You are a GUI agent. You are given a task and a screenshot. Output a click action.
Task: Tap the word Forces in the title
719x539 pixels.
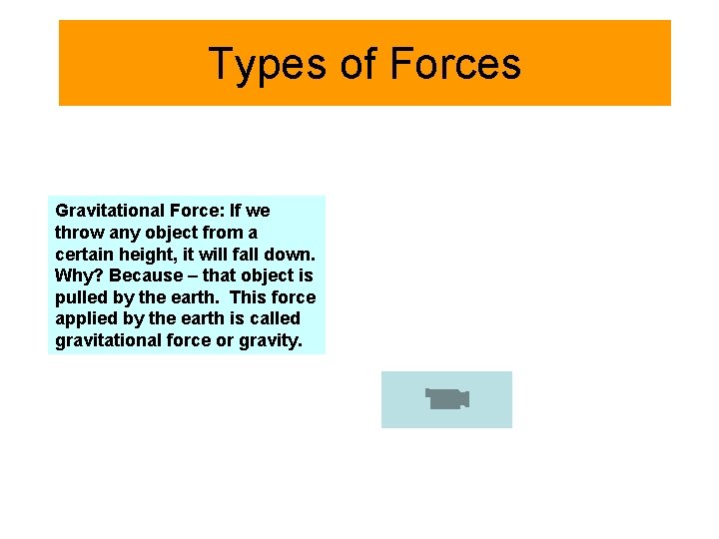455,64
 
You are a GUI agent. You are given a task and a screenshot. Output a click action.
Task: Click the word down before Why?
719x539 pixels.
295,255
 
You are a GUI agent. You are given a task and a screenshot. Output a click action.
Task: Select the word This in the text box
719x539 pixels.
247,297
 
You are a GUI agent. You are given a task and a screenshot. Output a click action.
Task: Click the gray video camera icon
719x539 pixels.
447,399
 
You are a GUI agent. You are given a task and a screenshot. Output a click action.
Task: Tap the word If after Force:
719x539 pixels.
236,211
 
